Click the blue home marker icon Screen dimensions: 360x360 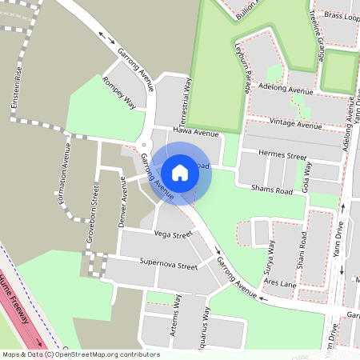coord(180,172)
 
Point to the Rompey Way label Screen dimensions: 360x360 coord(120,92)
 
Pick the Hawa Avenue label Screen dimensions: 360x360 coord(195,133)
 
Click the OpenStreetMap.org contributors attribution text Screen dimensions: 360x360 coord(108,354)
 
